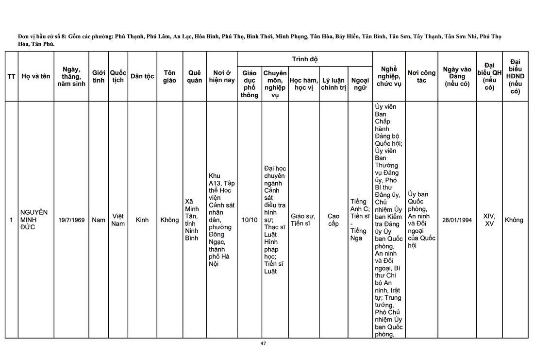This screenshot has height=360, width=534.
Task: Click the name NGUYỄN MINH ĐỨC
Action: pyautogui.click(x=34, y=220)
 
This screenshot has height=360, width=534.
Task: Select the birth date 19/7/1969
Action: pyautogui.click(x=71, y=220)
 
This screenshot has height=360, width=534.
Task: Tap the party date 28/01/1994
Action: pyautogui.click(x=457, y=220)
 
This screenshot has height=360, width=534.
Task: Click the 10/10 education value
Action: pyautogui.click(x=250, y=220)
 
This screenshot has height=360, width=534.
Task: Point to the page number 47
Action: pyautogui.click(x=263, y=343)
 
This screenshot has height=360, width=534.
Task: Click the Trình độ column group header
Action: pyautogui.click(x=304, y=59)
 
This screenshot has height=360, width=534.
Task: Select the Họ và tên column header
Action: pyautogui.click(x=36, y=76)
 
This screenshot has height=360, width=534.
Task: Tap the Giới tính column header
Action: pyautogui.click(x=99, y=76)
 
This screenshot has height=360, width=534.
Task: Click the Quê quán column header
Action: pyautogui.click(x=194, y=76)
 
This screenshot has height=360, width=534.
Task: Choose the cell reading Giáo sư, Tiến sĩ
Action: pyautogui.click(x=303, y=220)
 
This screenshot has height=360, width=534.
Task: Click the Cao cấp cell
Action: pyautogui.click(x=334, y=220)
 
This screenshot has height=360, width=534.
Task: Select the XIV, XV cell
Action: pyautogui.click(x=489, y=220)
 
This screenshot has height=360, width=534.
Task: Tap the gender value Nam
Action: pyautogui.click(x=99, y=220)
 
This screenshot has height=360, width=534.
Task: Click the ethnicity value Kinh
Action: pyautogui.click(x=142, y=220)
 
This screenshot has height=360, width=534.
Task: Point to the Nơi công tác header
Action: pyautogui.click(x=421, y=76)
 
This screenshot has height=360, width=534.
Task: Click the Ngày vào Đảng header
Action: pyautogui.click(x=457, y=76)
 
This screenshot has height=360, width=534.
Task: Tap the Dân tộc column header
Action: pyautogui.click(x=142, y=76)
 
